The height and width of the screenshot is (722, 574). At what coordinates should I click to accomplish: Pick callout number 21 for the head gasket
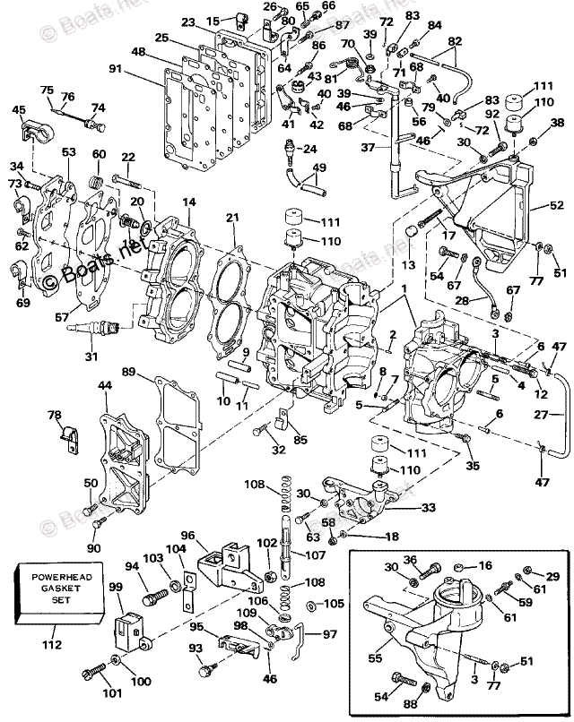(232, 219)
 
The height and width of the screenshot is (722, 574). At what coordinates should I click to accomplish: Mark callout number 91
(116, 68)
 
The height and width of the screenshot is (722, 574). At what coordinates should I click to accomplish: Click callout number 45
(19, 111)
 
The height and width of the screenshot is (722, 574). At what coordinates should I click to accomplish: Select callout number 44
(104, 384)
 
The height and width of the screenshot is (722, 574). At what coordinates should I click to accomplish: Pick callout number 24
(309, 148)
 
